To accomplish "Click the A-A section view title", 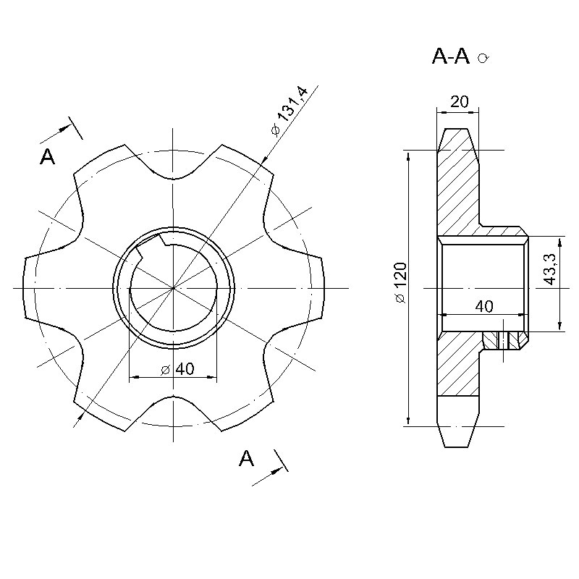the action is [x=450, y=57].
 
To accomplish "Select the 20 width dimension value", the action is [x=460, y=101].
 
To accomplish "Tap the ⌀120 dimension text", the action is [x=400, y=283].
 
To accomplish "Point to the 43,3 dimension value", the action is [x=550, y=269].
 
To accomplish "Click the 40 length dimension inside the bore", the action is [x=484, y=306].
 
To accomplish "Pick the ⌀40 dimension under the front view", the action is [x=177, y=368].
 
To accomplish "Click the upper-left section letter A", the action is [x=47, y=156].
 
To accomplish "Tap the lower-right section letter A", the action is [x=246, y=459].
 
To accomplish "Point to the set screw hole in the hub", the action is [x=503, y=340].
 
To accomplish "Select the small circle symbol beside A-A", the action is [x=483, y=58].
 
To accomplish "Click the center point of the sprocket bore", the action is [x=173, y=287].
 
